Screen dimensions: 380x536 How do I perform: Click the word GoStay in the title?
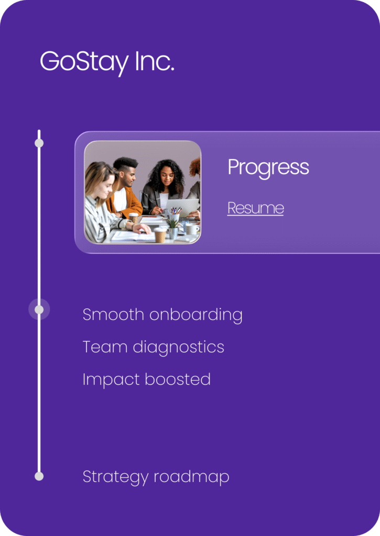84,63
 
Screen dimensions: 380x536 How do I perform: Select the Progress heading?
268,168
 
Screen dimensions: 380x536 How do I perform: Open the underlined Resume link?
256,208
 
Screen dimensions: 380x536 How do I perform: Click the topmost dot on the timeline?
39,143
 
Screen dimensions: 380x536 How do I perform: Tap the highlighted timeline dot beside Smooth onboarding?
39,309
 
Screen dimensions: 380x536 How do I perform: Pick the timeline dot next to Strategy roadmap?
39,476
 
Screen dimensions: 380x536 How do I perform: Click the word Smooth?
113,314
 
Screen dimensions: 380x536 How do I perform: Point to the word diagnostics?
178,348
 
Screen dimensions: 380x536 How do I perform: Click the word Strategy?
115,477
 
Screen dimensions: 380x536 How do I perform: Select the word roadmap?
191,477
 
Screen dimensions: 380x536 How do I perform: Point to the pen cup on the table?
174,215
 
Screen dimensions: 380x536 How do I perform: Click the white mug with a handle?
192,229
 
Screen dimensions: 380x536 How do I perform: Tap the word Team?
105,347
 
